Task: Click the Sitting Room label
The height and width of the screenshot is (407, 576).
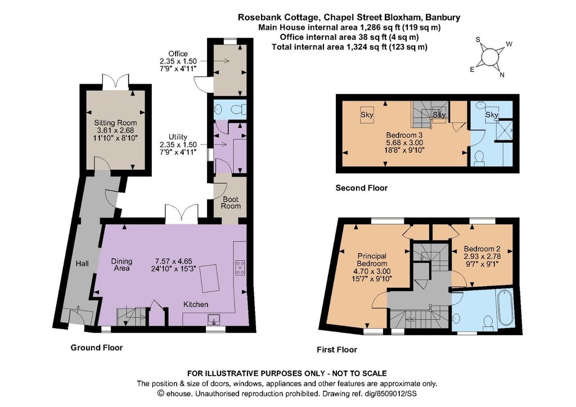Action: pyautogui.click(x=115, y=123)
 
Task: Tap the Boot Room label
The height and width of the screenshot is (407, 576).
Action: pyautogui.click(x=231, y=202)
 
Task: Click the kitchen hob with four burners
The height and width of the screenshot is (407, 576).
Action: pyautogui.click(x=240, y=267)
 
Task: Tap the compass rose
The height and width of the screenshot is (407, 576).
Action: pyautogui.click(x=490, y=57)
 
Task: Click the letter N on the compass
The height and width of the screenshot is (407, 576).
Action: pyautogui.click(x=502, y=75)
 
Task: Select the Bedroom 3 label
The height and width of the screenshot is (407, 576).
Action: pyautogui.click(x=404, y=135)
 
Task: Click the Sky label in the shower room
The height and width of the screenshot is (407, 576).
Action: pyautogui.click(x=492, y=115)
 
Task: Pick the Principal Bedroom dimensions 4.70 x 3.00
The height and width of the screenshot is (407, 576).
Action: pyautogui.click(x=372, y=271)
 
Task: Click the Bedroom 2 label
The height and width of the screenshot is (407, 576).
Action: pyautogui.click(x=482, y=248)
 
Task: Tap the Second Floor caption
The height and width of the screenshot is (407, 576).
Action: pyautogui.click(x=362, y=188)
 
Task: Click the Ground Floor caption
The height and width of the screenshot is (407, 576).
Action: pyautogui.click(x=97, y=347)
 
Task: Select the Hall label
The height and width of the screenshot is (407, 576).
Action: pyautogui.click(x=82, y=263)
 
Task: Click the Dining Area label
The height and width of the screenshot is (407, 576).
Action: pyautogui.click(x=121, y=265)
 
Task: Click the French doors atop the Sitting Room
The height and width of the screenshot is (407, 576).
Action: pyautogui.click(x=116, y=81)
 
